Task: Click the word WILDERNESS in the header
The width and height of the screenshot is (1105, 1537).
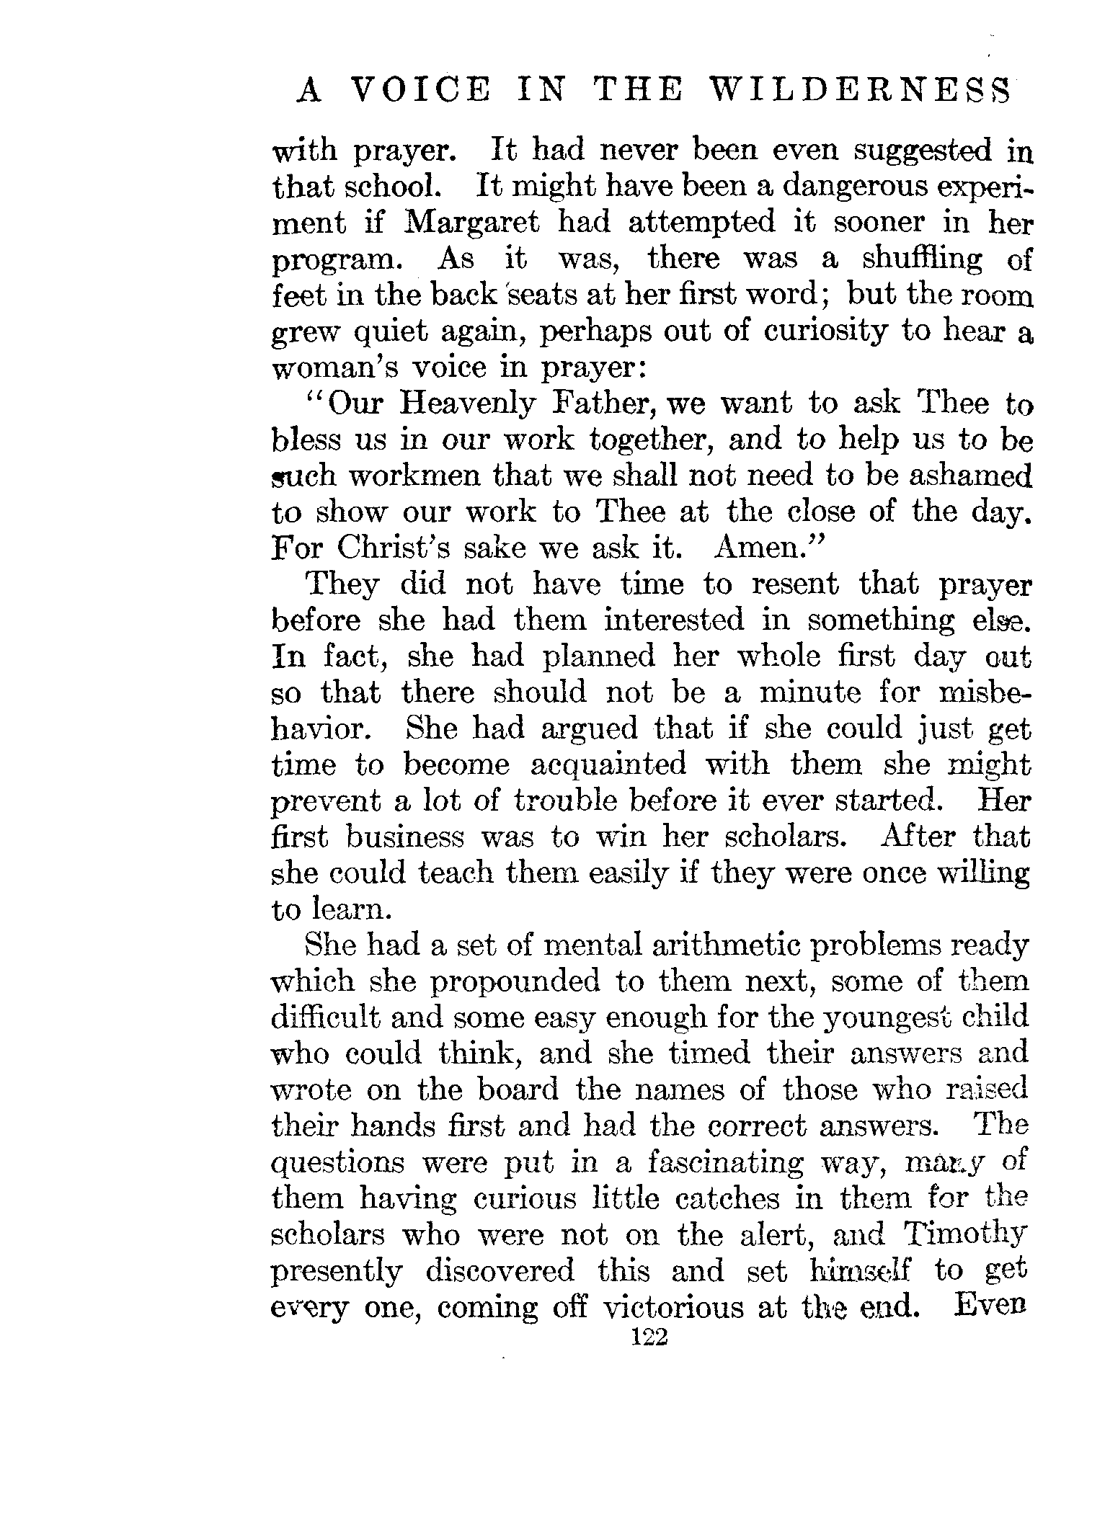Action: pos(858,92)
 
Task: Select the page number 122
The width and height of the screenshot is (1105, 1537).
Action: pos(651,1337)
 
